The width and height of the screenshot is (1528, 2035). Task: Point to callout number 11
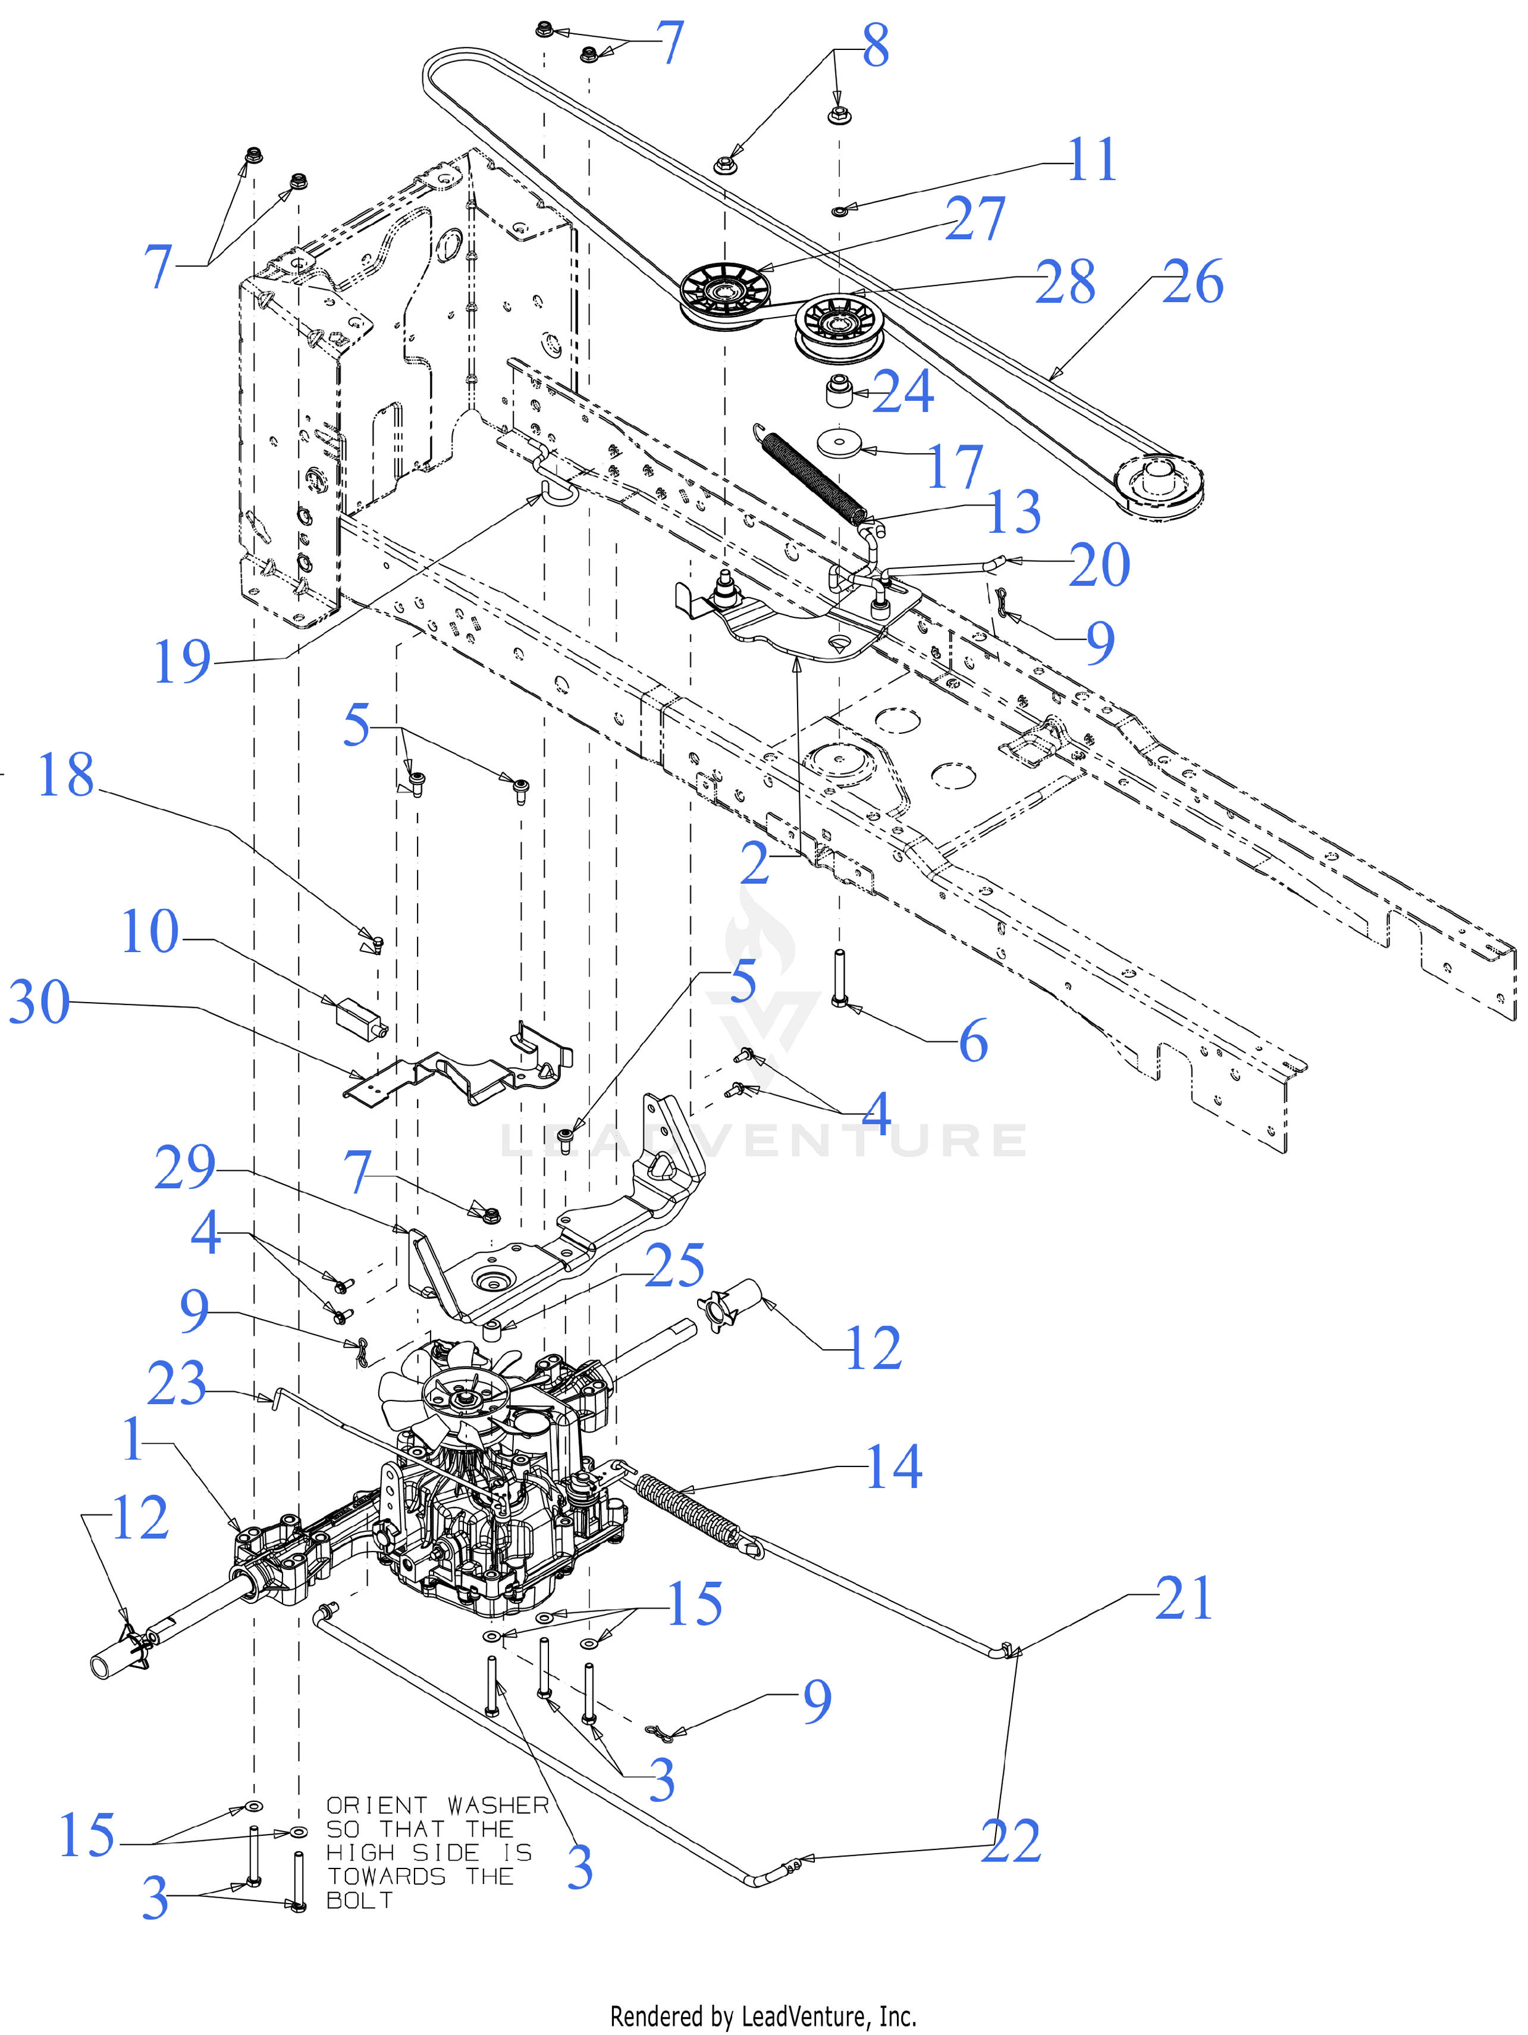pyautogui.click(x=1092, y=160)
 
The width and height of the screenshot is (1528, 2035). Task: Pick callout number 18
pyautogui.click(x=65, y=775)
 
